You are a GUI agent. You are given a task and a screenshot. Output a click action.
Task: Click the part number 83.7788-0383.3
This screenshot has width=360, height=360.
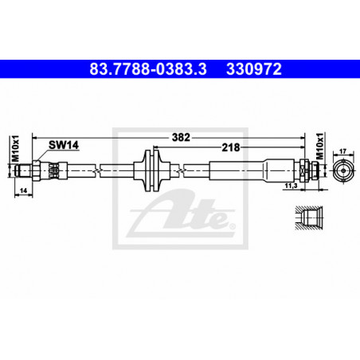click(148, 69)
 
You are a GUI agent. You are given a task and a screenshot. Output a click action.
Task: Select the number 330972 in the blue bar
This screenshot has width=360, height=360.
click(254, 69)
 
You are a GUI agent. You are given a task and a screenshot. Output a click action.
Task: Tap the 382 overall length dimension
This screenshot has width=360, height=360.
click(181, 137)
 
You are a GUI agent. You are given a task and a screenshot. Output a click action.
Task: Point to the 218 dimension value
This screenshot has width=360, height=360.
click(231, 147)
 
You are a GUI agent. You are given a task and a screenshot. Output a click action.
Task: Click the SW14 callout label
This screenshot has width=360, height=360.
click(64, 145)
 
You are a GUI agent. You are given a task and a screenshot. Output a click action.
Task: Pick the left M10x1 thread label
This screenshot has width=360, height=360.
click(16, 148)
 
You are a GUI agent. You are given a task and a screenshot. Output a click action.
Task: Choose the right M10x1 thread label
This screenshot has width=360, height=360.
click(321, 147)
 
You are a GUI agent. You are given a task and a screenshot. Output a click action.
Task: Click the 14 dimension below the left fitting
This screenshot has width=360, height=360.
click(23, 190)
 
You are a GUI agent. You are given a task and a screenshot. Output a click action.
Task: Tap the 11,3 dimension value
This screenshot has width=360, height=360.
click(291, 186)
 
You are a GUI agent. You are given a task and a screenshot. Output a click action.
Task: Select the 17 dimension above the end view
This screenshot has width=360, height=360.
click(343, 151)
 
